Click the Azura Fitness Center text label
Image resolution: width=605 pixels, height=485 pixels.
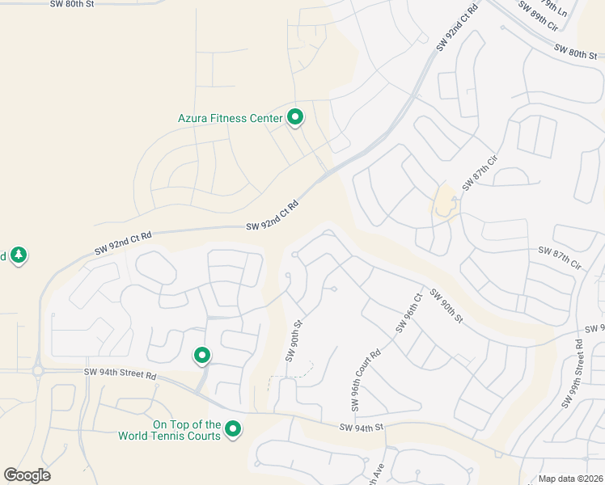coord(230,118)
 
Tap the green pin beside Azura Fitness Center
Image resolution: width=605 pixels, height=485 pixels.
coord(296,117)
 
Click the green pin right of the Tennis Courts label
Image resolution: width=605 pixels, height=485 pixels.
coord(234,429)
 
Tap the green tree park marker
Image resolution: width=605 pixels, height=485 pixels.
coord(19,255)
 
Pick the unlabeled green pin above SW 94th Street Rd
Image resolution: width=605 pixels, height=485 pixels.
coord(202,355)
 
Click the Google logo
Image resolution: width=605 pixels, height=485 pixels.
coord(27,475)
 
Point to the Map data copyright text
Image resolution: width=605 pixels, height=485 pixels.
coord(570,479)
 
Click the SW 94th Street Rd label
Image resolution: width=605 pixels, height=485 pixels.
coord(120,373)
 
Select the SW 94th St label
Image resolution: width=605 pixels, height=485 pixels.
coord(361,428)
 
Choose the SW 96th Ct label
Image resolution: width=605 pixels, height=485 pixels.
coord(409,313)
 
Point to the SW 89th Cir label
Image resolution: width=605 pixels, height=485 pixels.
coord(538,15)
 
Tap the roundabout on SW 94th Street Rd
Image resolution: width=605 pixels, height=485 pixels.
coord(37,371)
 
